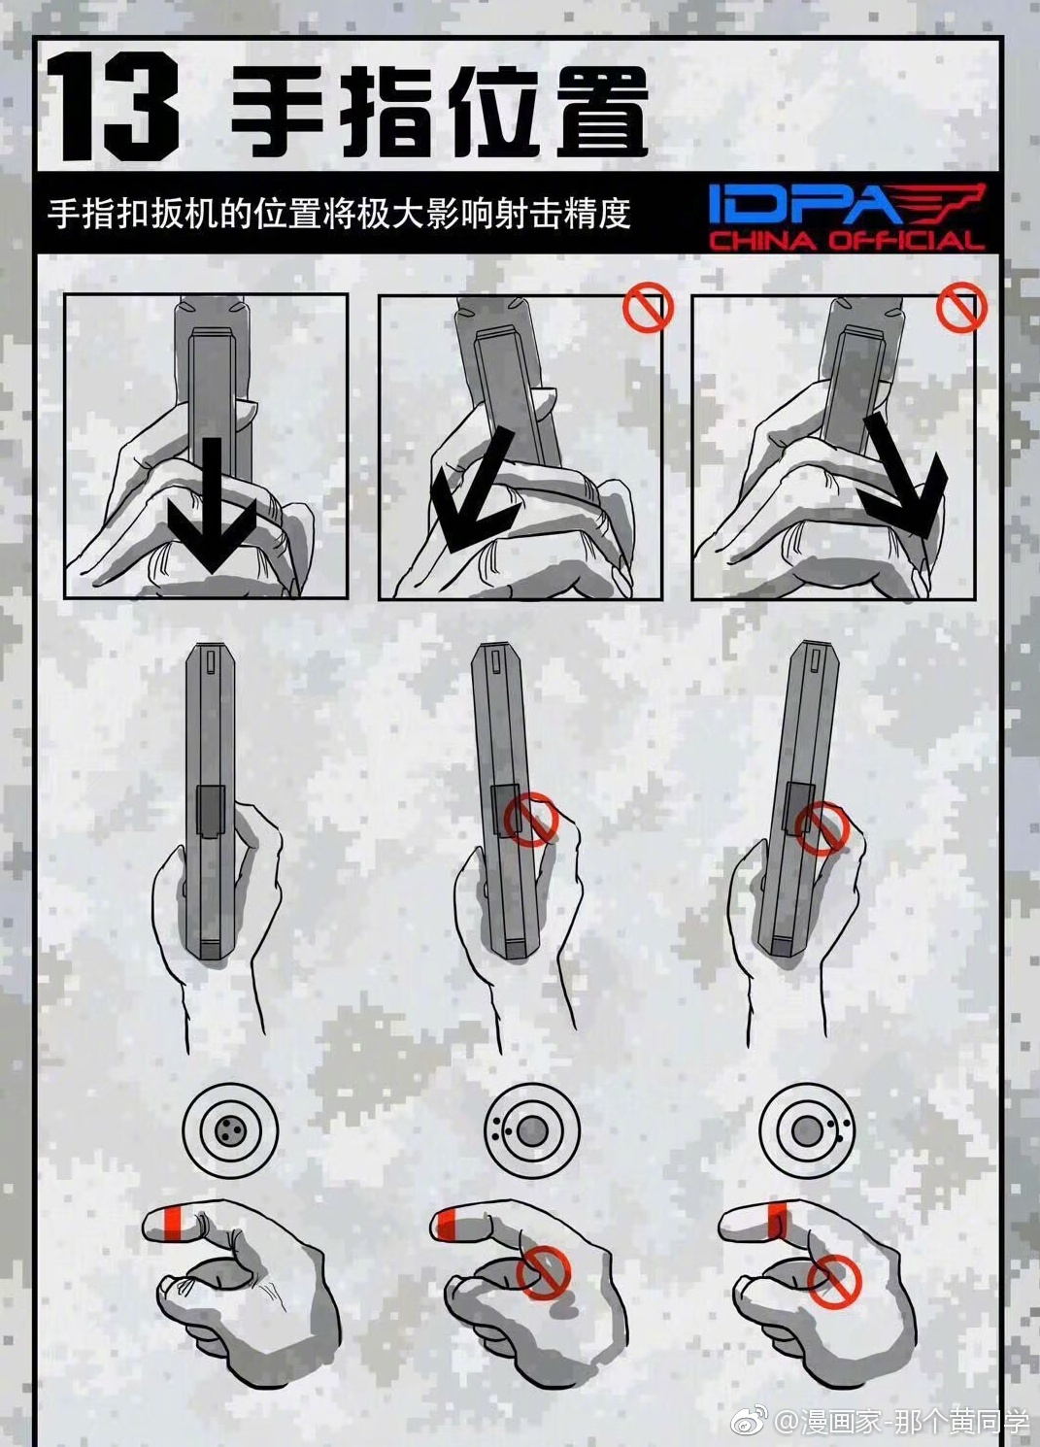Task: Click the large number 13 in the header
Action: click(x=115, y=108)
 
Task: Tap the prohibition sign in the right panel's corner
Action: click(x=960, y=308)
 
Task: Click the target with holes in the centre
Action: click(x=230, y=1130)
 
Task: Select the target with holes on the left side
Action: click(x=531, y=1130)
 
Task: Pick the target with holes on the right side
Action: click(x=807, y=1130)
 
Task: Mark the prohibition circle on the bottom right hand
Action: click(x=835, y=1280)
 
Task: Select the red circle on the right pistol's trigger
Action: click(x=822, y=828)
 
